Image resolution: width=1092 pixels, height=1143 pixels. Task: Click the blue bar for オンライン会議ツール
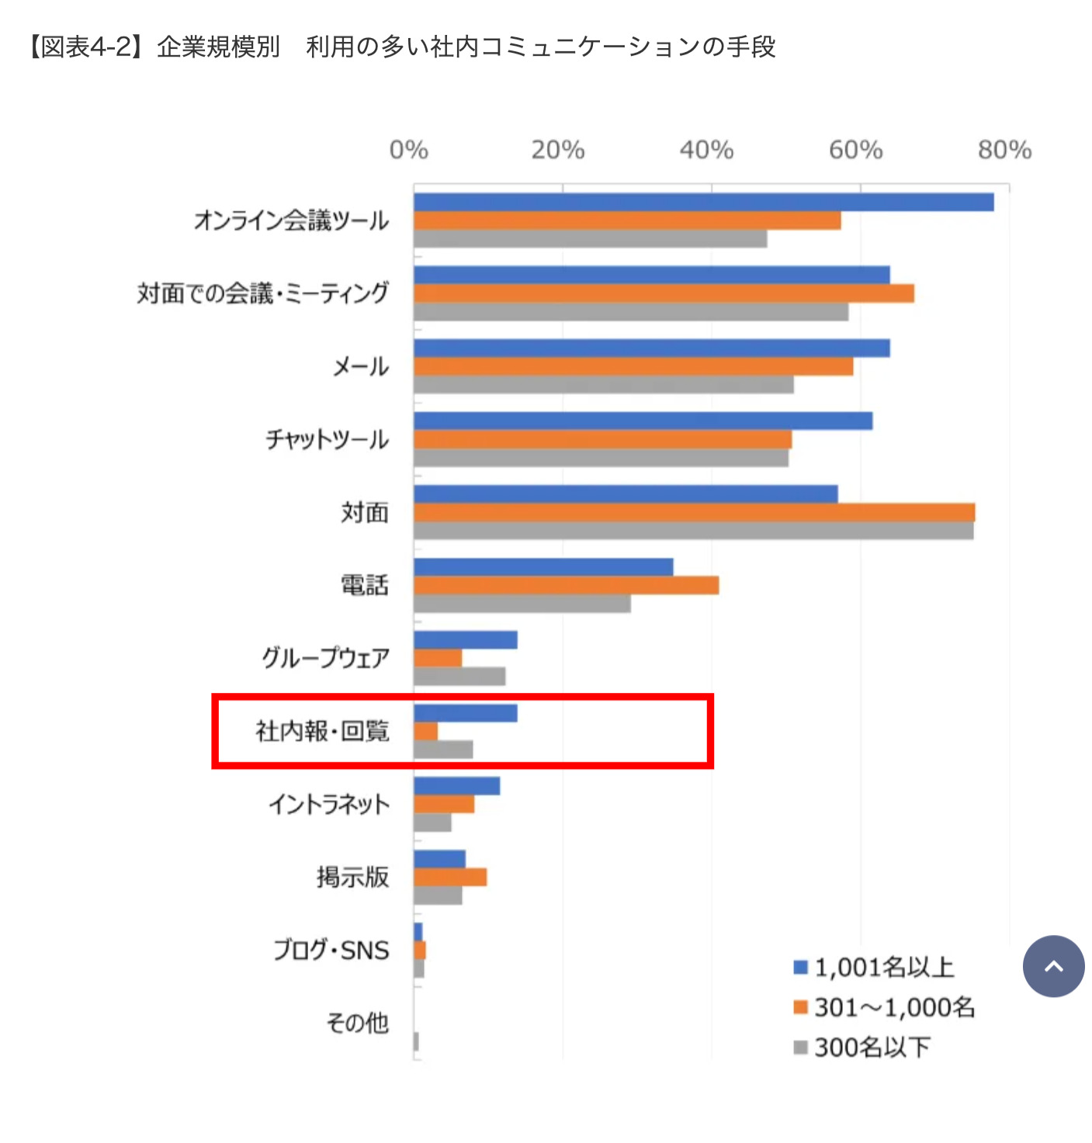703,203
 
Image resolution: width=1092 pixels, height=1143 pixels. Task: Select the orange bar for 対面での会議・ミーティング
664,293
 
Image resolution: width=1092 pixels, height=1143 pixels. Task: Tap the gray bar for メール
603,385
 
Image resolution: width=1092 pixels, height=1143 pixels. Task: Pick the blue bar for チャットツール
643,421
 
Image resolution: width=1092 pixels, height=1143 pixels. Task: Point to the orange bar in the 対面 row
694,512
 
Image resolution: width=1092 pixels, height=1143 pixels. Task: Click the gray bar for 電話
522,604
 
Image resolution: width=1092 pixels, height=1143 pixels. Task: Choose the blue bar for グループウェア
465,640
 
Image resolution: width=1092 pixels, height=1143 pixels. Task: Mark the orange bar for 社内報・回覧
425,731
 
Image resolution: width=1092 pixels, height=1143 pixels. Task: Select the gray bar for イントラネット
432,823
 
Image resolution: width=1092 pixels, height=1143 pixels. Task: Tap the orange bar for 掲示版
450,877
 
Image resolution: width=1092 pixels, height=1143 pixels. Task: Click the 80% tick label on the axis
1004,150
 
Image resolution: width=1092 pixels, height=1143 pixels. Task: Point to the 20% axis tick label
557,150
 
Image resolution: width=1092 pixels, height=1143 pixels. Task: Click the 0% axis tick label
408,150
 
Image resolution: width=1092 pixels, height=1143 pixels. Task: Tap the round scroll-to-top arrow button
1053,966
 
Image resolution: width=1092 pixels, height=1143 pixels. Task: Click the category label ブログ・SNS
331,950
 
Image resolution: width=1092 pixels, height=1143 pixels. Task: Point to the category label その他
357,1023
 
